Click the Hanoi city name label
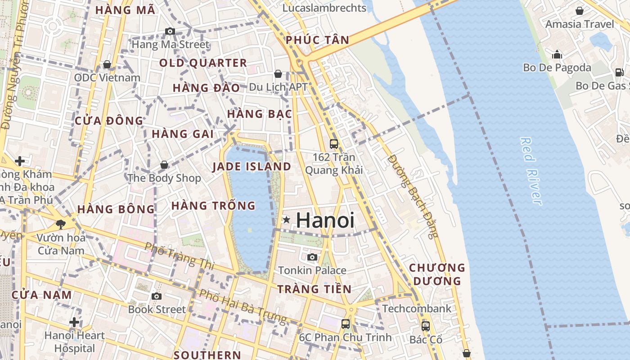click(325, 220)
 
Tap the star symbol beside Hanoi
click(286, 220)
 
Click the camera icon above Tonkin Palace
click(312, 257)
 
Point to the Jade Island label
click(252, 166)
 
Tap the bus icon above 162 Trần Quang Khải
click(334, 144)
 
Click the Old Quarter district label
click(203, 63)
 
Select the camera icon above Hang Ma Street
click(170, 31)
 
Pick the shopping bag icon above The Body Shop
click(164, 165)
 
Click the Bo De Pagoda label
click(557, 67)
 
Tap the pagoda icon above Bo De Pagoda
click(557, 54)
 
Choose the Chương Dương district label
click(436, 274)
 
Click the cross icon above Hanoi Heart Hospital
click(75, 322)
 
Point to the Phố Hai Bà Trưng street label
click(243, 307)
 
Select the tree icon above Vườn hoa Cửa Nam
click(61, 224)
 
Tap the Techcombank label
click(417, 309)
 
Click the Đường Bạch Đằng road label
click(412, 196)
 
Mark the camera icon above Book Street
click(157, 296)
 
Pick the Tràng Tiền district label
click(314, 289)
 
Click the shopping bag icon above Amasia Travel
click(580, 11)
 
